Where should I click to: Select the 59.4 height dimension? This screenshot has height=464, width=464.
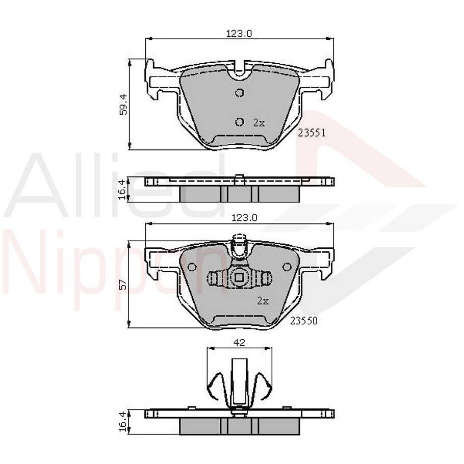click(x=123, y=104)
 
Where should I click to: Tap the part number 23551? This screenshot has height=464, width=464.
click(x=312, y=133)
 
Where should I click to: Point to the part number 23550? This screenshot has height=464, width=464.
click(x=304, y=321)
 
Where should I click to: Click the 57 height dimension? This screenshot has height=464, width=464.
click(x=123, y=284)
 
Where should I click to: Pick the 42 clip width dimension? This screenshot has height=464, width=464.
click(x=239, y=343)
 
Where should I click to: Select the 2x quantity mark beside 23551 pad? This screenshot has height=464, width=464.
click(x=259, y=123)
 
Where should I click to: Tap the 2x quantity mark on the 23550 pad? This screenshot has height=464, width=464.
click(x=263, y=301)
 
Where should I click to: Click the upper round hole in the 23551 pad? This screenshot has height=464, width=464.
click(x=239, y=93)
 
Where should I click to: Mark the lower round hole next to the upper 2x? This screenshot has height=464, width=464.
click(x=239, y=121)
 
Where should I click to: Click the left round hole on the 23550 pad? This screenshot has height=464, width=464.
click(x=192, y=267)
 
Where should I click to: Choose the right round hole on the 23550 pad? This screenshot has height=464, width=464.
click(x=287, y=267)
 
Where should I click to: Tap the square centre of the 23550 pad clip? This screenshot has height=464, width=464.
click(x=239, y=278)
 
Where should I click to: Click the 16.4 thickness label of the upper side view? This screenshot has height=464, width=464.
click(x=123, y=189)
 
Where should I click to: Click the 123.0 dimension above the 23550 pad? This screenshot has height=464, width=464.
click(x=244, y=218)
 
